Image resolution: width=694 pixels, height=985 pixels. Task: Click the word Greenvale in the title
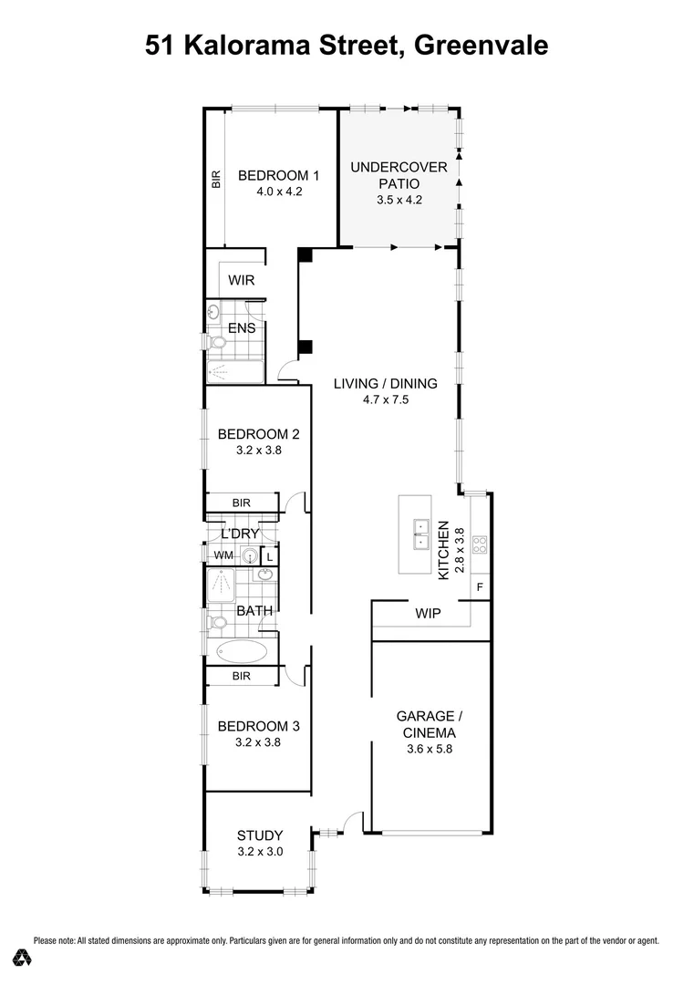[481, 45]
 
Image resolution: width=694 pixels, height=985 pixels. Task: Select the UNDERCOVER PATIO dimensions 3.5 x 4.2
[399, 201]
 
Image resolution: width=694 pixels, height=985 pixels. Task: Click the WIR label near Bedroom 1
[241, 280]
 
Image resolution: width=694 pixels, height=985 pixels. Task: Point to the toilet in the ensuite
[216, 343]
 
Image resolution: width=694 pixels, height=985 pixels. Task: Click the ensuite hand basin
[213, 312]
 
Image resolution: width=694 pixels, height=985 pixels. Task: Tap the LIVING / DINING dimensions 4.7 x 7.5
[384, 399]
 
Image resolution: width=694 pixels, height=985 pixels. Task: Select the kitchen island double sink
[420, 534]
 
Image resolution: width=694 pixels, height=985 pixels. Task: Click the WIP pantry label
[428, 614]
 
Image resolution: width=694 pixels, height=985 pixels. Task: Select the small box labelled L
[269, 555]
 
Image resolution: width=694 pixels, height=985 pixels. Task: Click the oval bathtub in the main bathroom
[243, 651]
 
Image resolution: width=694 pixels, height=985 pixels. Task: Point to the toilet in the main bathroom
[216, 623]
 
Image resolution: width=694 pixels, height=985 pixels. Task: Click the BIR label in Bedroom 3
[242, 676]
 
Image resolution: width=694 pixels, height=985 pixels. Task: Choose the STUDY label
[260, 835]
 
